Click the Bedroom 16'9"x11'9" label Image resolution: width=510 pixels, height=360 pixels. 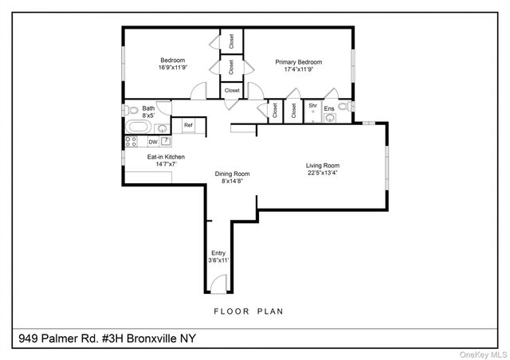[x=172, y=65]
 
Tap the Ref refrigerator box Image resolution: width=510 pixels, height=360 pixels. [x=189, y=125]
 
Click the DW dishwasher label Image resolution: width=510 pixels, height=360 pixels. [x=152, y=142]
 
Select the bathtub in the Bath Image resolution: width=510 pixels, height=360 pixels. [x=138, y=127]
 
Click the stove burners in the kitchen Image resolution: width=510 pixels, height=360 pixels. [x=131, y=142]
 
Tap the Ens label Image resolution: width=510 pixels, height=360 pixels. [x=328, y=108]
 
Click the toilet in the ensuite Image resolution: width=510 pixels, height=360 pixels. [x=343, y=105]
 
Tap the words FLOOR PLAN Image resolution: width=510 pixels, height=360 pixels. [x=248, y=311]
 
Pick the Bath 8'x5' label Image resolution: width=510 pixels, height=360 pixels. [x=148, y=111]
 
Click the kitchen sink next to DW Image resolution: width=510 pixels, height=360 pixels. [x=166, y=141]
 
